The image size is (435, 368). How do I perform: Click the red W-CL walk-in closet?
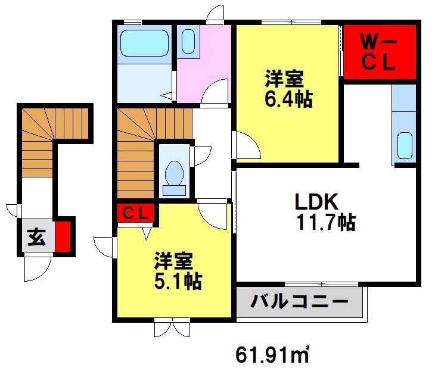(x=379, y=52)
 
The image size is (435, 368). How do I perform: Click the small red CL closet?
(x=136, y=213)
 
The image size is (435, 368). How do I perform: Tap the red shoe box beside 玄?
(x=64, y=237)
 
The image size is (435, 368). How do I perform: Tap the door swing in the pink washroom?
(x=215, y=92)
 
